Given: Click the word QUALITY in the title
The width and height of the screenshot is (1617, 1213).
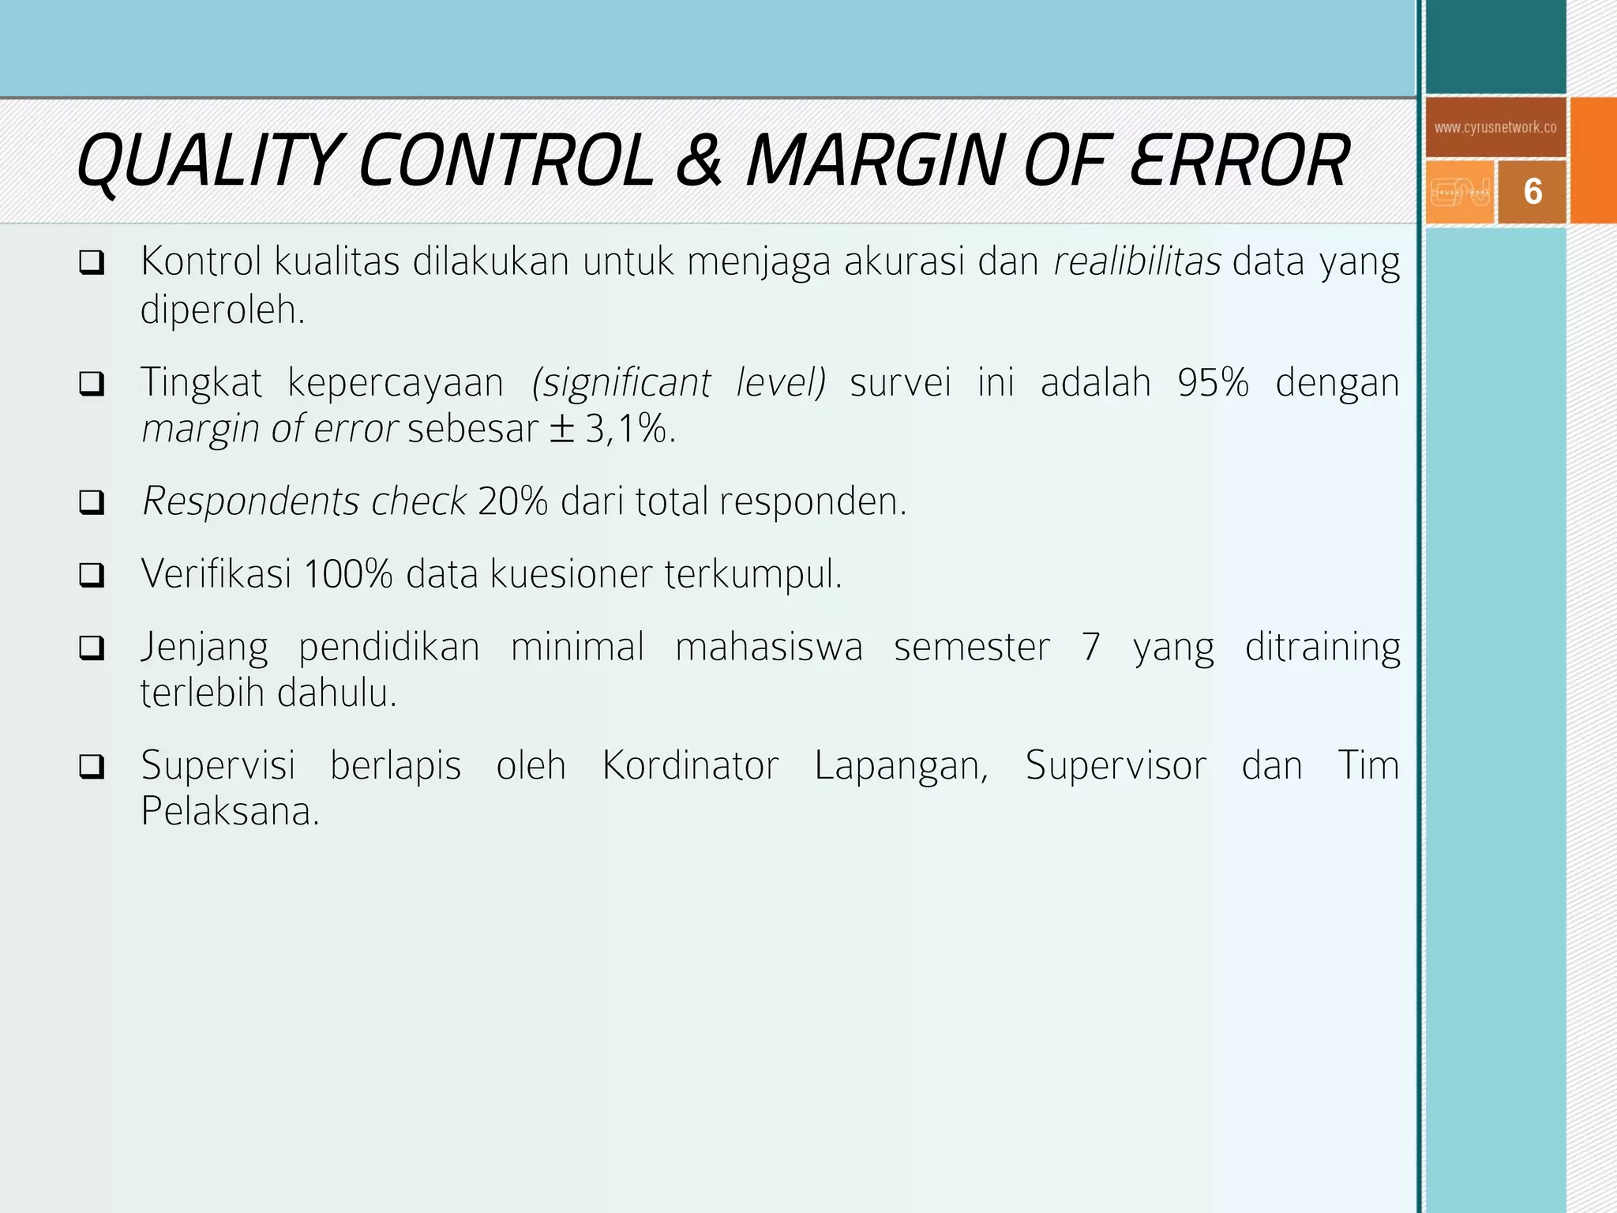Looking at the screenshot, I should [208, 161].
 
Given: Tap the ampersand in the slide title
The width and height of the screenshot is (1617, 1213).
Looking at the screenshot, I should [698, 161].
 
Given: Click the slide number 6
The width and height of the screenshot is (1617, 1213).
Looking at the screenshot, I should [1533, 192].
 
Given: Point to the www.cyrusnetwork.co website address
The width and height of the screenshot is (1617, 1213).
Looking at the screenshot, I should [1495, 127].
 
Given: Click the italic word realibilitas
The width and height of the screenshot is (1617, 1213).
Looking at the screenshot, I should [1137, 261].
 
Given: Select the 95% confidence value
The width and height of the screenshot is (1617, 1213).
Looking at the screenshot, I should [1213, 383].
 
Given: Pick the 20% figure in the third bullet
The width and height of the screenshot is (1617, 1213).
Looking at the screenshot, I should [512, 501].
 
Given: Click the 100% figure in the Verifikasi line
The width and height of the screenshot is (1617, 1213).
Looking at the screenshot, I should [347, 574].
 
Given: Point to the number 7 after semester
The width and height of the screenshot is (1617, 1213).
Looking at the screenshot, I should [1090, 647].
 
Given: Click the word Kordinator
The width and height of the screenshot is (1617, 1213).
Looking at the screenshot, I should [690, 765].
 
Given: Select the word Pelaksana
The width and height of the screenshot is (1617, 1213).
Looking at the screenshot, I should [230, 812].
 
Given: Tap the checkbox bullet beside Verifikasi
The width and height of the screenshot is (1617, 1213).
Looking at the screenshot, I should [92, 575].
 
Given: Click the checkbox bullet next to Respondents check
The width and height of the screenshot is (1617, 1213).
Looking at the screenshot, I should [92, 502].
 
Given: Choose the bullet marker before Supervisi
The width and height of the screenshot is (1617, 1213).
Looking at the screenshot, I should [92, 766].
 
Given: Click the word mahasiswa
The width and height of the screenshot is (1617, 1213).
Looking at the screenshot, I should [769, 647].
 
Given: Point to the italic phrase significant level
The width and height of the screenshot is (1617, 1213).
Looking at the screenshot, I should [679, 383].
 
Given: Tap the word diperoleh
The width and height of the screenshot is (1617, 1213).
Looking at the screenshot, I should [222, 310].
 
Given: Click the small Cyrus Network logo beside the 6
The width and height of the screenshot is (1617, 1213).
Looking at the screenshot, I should [1461, 192].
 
